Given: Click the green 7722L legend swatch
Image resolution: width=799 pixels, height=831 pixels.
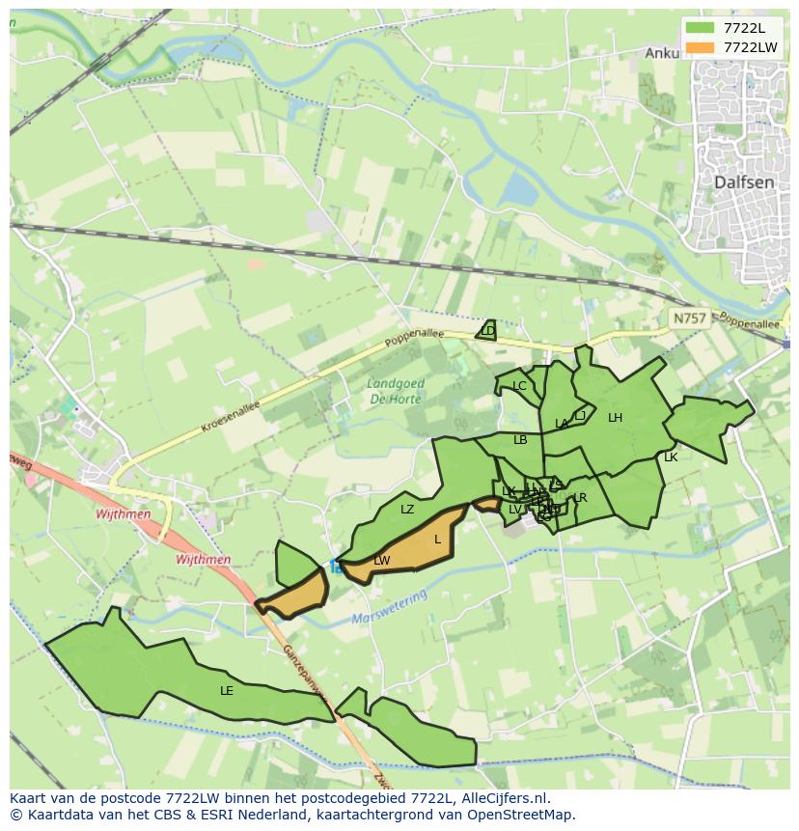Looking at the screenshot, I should coord(700,28).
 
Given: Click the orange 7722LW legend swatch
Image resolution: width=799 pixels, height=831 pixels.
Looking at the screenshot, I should coord(700,47).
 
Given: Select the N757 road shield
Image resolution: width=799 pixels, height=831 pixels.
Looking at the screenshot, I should coord(690,318).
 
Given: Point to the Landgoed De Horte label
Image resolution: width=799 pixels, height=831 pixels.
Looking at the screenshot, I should coord(396,391).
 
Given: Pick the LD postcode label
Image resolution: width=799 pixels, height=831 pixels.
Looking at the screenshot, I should coord(487,331).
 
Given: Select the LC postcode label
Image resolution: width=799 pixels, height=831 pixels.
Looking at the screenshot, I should coord(519,386).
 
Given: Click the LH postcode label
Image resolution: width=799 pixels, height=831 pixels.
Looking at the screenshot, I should coord(615,418).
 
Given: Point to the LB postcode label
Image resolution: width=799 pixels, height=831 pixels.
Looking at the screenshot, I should coord(520,440).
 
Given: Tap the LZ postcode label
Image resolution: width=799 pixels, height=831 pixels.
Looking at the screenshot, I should coord(407,509).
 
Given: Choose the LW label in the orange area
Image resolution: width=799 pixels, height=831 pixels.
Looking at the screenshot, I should coord(382,561).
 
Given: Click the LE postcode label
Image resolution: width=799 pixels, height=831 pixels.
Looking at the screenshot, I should coord(227,691).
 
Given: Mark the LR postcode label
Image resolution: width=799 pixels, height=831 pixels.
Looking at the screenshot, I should coord(581,498).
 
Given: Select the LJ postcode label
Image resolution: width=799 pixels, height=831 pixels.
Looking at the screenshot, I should coord(580,416).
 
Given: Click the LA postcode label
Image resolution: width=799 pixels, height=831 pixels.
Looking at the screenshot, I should coord(562,424).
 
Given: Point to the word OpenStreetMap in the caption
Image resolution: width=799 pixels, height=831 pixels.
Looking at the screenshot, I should coord(521,815).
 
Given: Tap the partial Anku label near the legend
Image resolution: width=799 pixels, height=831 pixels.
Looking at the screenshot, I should coord(662,54).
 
